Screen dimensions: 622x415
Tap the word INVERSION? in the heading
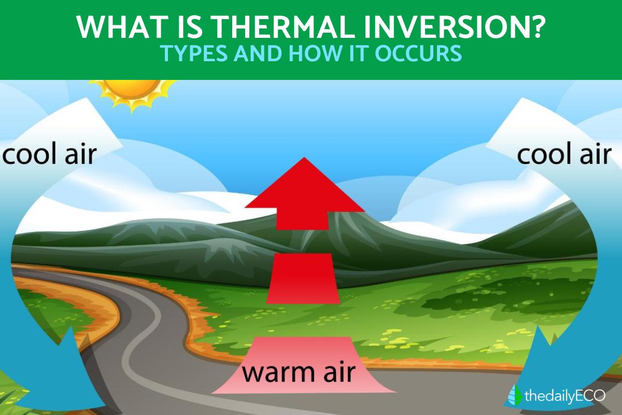[x=453, y=27]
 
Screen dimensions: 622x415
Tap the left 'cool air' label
[x=50, y=154]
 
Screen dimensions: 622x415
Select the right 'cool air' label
[x=564, y=154]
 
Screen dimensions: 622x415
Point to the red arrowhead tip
[x=304, y=158]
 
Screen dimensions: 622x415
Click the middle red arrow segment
[x=303, y=278]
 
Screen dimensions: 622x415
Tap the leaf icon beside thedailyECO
[x=515, y=395]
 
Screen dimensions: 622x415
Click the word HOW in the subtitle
[x=316, y=53]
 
